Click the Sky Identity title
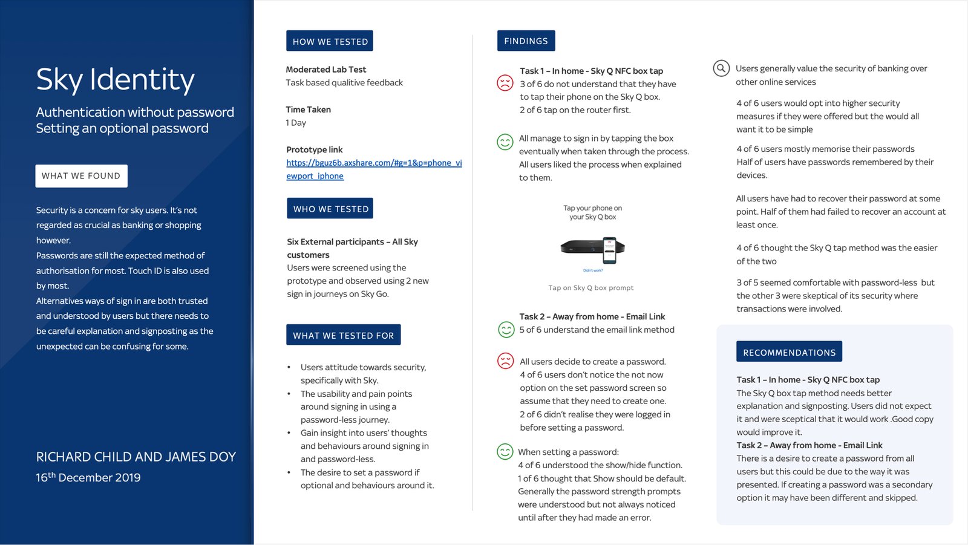click(115, 79)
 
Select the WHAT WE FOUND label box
click(81, 176)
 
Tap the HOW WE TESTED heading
click(330, 41)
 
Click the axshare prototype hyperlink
click(374, 169)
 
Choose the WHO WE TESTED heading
click(330, 209)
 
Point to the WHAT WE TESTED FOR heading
click(343, 335)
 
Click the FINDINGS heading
click(526, 41)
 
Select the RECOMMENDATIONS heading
click(789, 352)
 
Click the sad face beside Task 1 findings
click(505, 83)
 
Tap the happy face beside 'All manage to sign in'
click(505, 142)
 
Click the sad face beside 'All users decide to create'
click(505, 361)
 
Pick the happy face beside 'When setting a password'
click(505, 451)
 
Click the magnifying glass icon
click(721, 68)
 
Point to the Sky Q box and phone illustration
click(593, 249)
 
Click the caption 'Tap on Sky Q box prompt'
click(591, 288)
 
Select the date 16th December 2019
click(88, 477)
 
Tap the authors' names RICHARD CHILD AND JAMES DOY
click(136, 457)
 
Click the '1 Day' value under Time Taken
click(296, 123)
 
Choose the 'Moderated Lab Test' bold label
click(325, 70)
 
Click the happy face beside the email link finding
click(506, 329)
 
